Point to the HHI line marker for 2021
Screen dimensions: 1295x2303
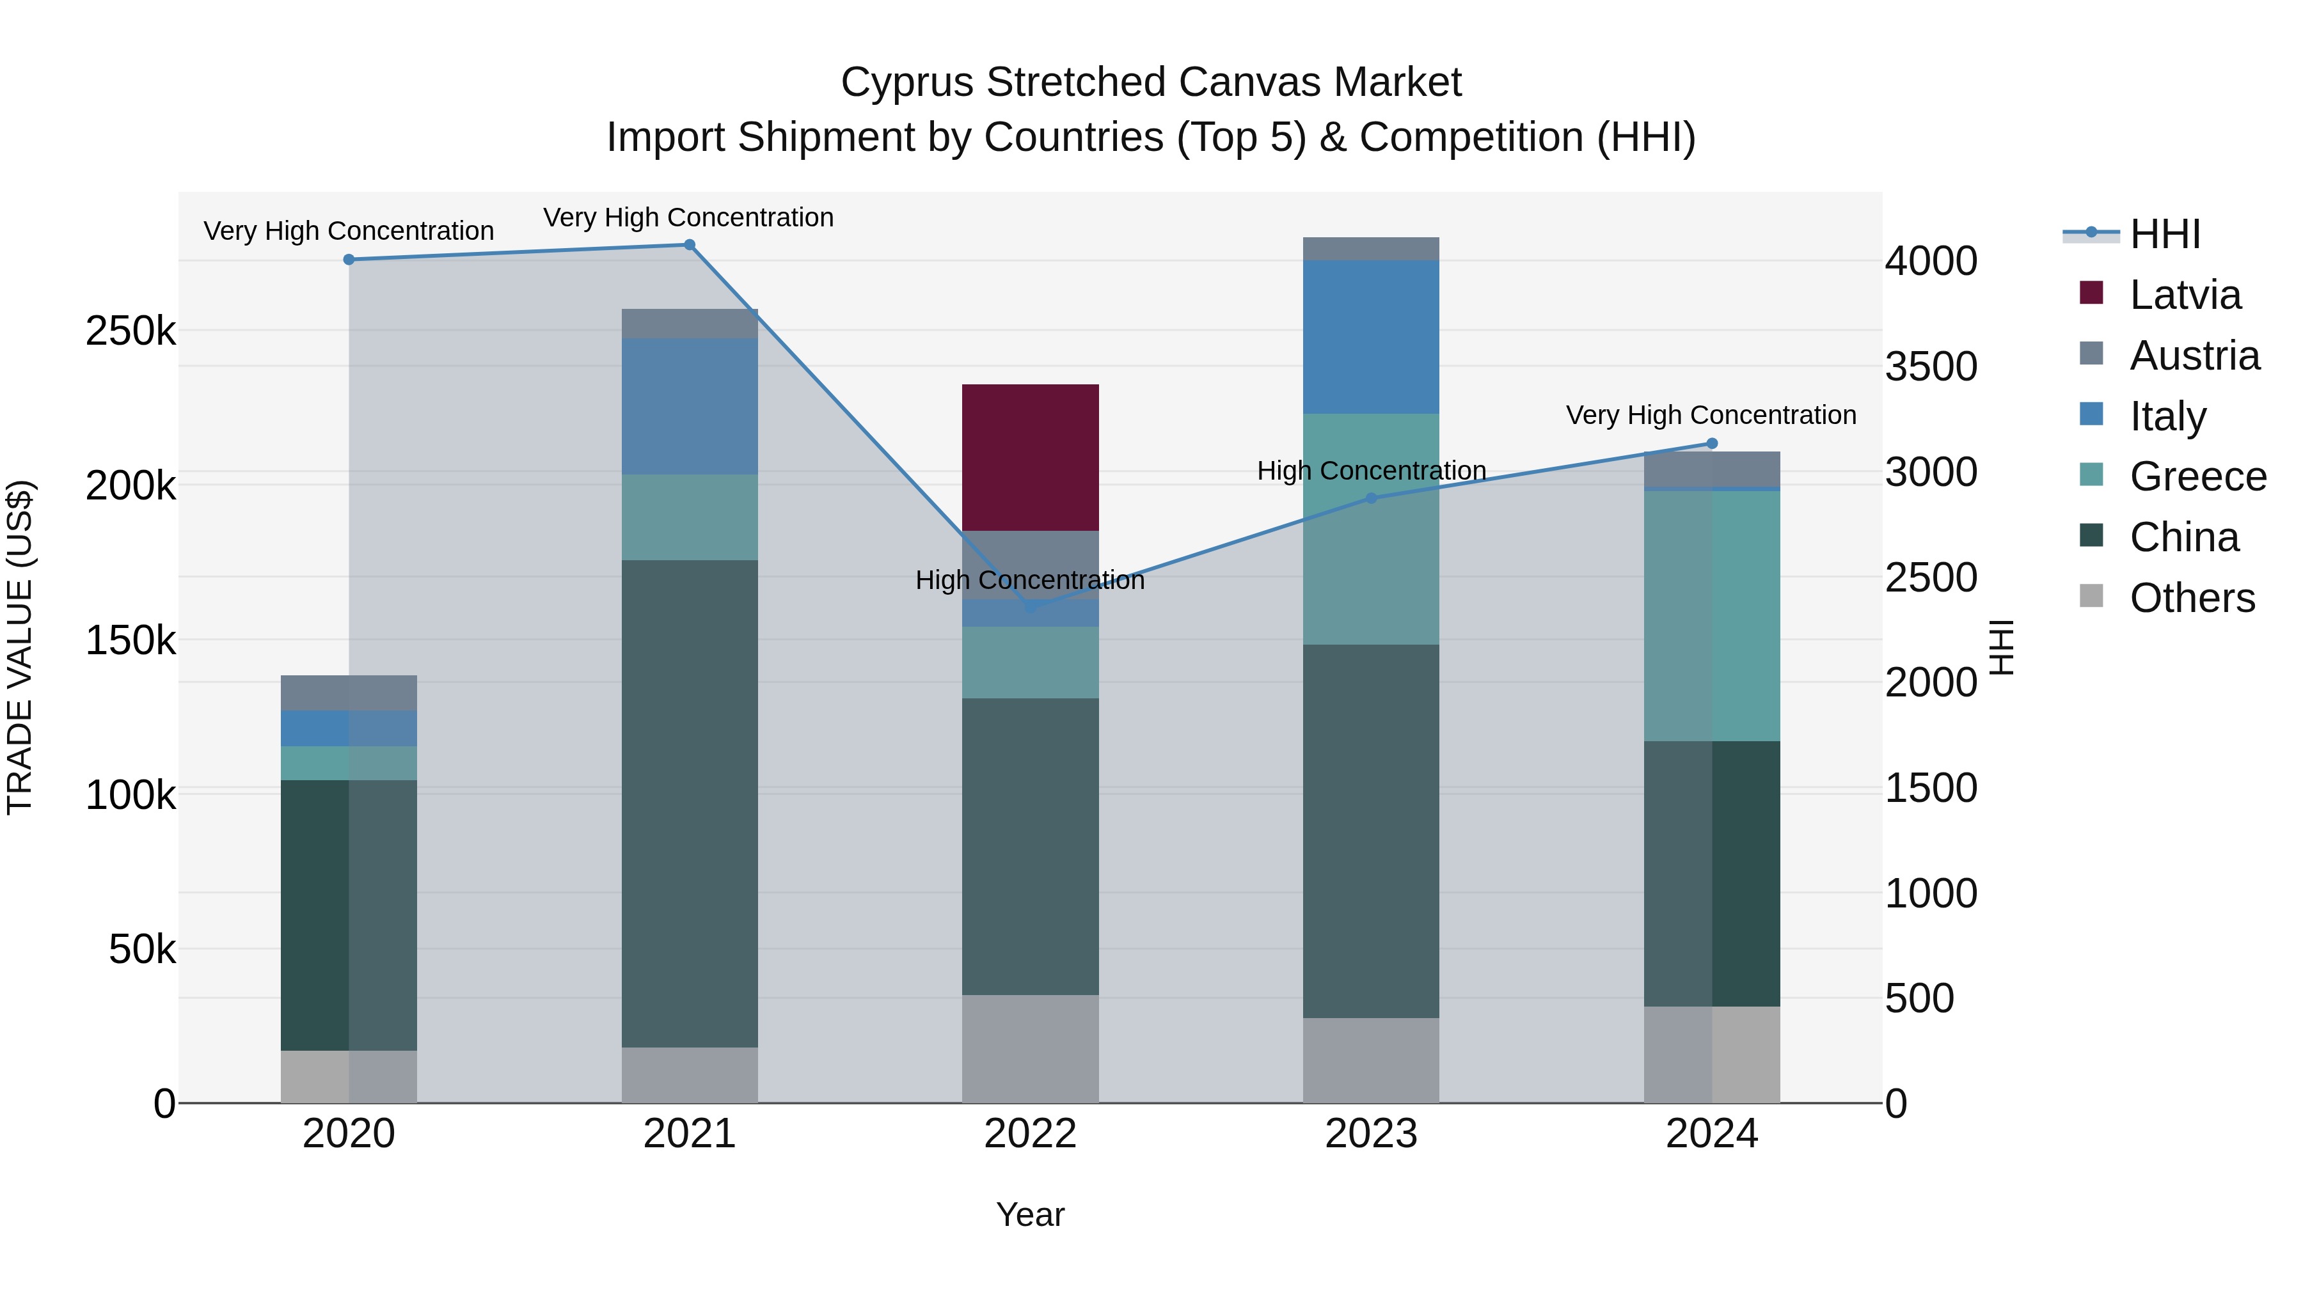(x=689, y=245)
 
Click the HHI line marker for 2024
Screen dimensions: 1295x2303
(x=1711, y=443)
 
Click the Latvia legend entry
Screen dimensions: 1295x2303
(x=2184, y=295)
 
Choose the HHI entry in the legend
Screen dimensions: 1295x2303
(x=2164, y=234)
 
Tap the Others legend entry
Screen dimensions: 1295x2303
(x=2191, y=598)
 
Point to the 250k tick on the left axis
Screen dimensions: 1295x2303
(x=131, y=331)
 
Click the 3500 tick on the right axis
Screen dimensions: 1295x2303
(x=1931, y=366)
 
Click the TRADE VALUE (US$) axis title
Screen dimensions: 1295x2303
(x=20, y=647)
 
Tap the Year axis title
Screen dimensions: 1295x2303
(x=1030, y=1214)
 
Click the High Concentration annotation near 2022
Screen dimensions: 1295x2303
(x=1030, y=580)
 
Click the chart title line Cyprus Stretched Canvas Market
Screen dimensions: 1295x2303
(x=1151, y=82)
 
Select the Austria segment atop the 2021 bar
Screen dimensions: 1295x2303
(x=689, y=324)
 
